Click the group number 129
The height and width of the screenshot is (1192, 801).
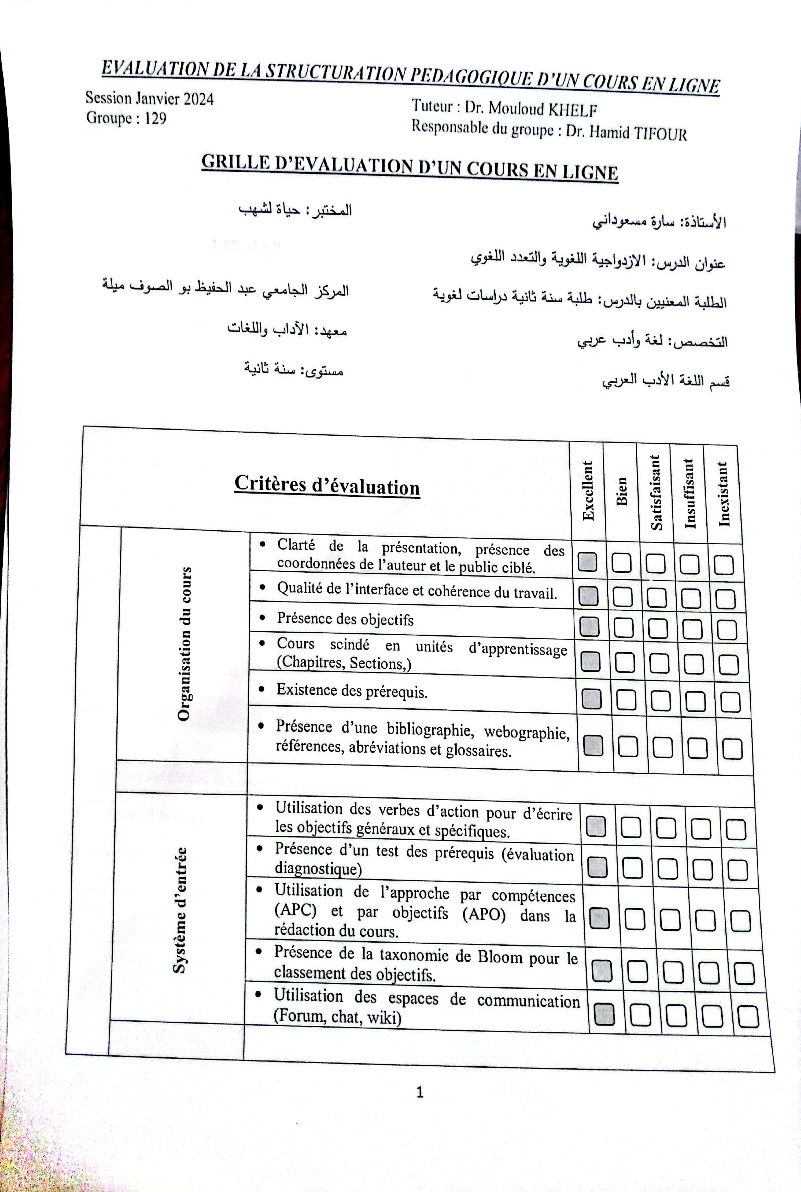[x=155, y=119]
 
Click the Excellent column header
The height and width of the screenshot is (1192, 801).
[x=588, y=491]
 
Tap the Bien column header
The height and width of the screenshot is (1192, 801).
[x=621, y=492]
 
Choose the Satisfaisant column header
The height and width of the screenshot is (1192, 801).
[x=656, y=492]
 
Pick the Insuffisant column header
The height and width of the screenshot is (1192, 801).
[x=690, y=493]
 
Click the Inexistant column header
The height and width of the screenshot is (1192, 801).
[x=723, y=494]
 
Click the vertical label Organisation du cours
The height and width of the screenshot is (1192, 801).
[x=184, y=644]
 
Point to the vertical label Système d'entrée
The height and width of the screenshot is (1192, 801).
[x=180, y=910]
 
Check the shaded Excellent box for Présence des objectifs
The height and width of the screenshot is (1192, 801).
[x=589, y=627]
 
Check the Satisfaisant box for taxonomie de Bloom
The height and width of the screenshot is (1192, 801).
[x=673, y=972]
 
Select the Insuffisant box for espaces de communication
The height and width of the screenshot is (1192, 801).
[x=712, y=1016]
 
